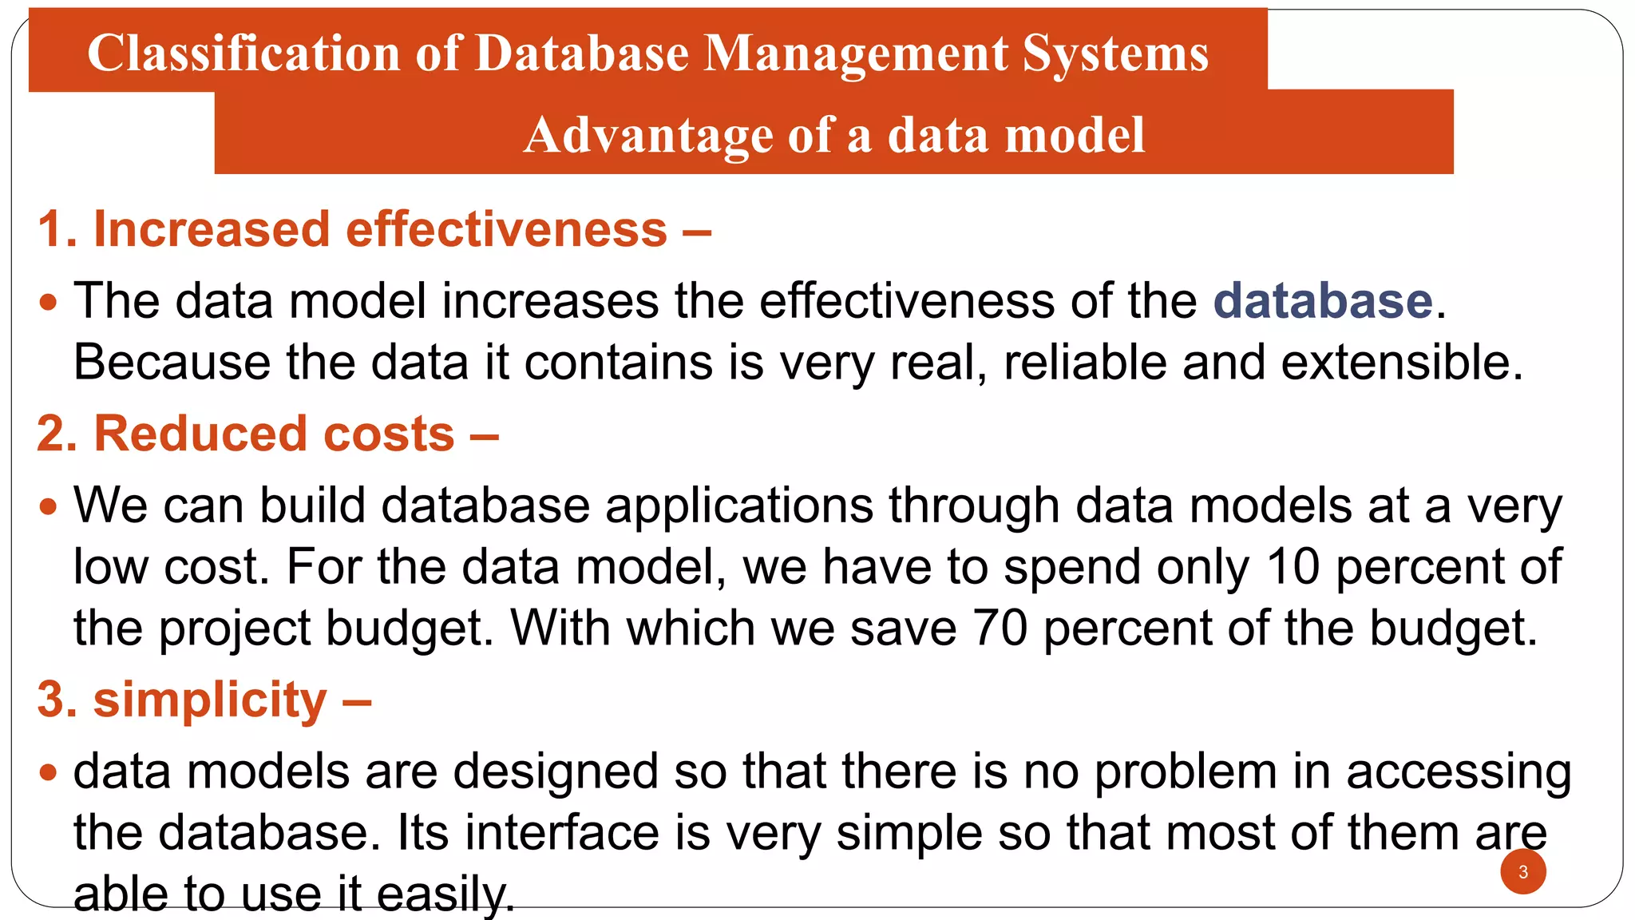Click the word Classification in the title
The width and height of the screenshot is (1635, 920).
click(x=243, y=54)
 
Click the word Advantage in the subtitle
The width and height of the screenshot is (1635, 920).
click(x=647, y=135)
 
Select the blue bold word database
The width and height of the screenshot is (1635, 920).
click(x=1323, y=301)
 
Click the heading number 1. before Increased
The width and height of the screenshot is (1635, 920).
click(x=57, y=230)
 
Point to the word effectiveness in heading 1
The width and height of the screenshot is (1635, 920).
click(x=506, y=230)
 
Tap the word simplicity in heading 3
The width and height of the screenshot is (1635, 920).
click(x=210, y=700)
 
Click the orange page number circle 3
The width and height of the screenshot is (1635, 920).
click(x=1523, y=871)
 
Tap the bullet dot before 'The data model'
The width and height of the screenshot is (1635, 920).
click(x=49, y=303)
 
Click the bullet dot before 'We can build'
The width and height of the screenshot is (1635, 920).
click(x=49, y=507)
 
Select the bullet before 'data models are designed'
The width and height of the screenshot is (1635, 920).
click(x=49, y=772)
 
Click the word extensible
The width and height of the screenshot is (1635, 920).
click(x=1402, y=363)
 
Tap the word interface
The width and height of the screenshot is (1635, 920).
click(x=562, y=833)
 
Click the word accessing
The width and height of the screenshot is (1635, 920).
click(x=1459, y=772)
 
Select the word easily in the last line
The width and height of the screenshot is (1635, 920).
click(x=445, y=894)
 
